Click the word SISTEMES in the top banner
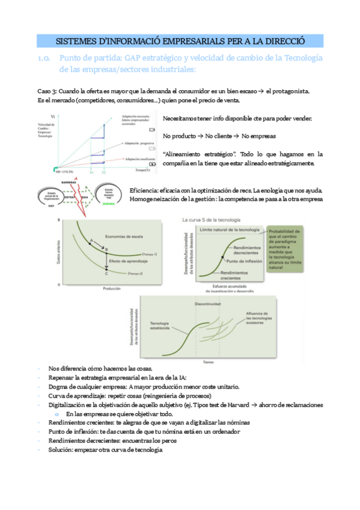(x=79, y=41)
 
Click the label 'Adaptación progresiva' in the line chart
(x=138, y=144)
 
